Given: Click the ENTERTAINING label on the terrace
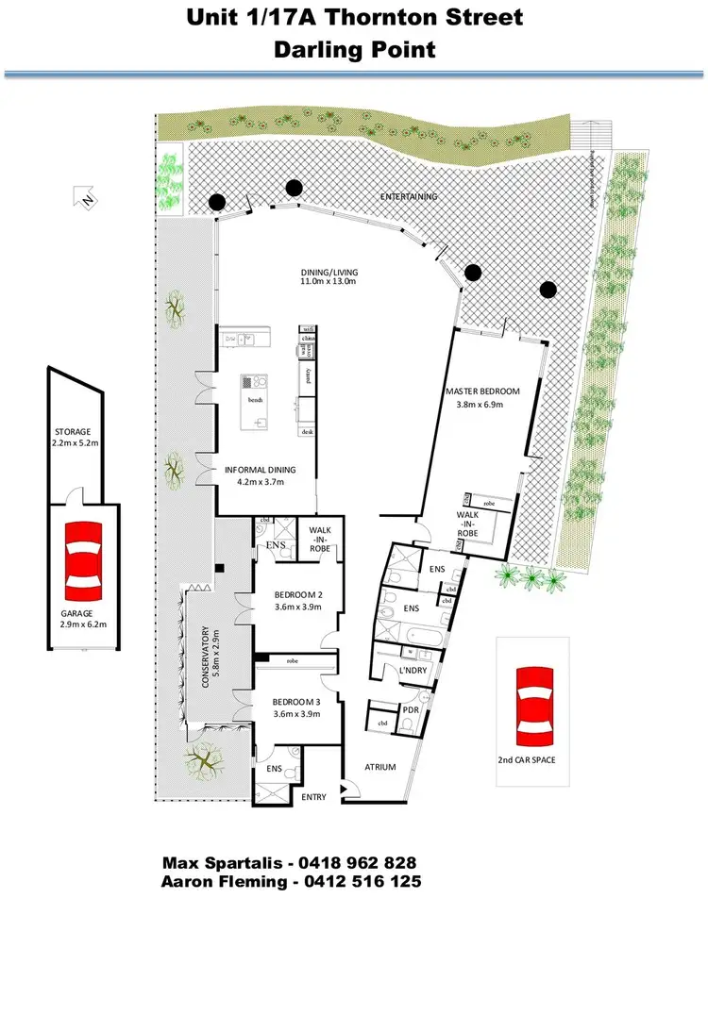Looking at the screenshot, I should [409, 196].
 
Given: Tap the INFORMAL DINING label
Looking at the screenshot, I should [260, 470].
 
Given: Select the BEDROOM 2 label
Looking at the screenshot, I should [297, 596].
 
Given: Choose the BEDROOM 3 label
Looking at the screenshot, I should [297, 702].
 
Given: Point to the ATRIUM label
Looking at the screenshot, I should [380, 767].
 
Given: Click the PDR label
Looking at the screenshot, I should [411, 709].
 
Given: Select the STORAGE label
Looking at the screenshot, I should [72, 431].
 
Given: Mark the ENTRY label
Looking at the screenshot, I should [313, 797].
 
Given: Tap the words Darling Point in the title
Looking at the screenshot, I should [355, 49].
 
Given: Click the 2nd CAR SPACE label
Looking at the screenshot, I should [532, 758].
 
